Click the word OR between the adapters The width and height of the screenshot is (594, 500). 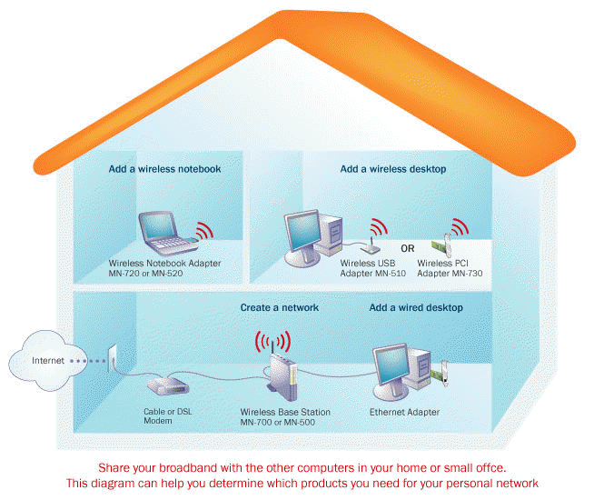coord(408,247)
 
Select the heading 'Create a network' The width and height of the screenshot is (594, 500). coord(279,308)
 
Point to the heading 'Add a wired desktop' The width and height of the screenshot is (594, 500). coord(416,308)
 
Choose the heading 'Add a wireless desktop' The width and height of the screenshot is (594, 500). coord(393,169)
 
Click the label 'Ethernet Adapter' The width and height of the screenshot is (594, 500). coord(404,413)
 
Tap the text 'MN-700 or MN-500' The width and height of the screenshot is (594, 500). coord(279,423)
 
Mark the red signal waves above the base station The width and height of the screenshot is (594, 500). coord(273,343)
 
